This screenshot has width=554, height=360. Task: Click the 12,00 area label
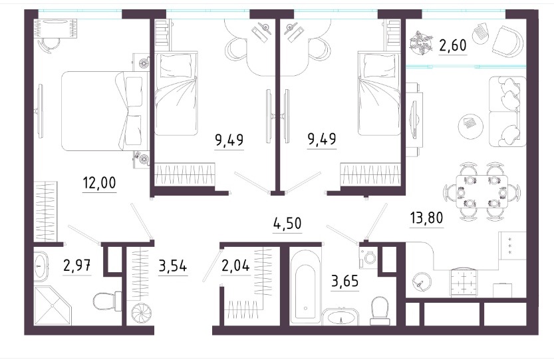coord(99,183)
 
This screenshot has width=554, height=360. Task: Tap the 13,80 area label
coord(426,218)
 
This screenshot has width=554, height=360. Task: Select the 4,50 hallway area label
coord(287,223)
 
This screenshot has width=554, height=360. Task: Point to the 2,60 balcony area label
coord(453,45)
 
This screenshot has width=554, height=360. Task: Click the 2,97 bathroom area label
coord(77,265)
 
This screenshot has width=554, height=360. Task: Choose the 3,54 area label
coord(173,266)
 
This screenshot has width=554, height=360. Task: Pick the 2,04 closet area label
coord(235,265)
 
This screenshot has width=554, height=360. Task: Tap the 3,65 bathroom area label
coord(345,281)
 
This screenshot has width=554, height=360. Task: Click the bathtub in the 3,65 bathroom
coord(306,286)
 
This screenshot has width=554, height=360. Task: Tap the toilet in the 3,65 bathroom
coord(380,311)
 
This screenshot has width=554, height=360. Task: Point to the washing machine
coord(369,257)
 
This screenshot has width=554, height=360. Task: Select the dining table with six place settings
coord(482,192)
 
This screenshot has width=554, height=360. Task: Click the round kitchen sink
coord(422,282)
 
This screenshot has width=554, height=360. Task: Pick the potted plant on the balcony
coord(421,43)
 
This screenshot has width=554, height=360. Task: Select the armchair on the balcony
coord(507,42)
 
